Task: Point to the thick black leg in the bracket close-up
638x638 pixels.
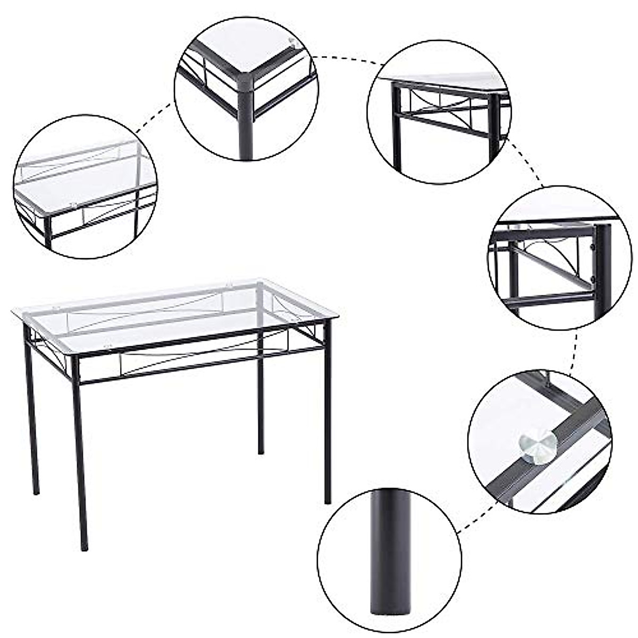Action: pyautogui.click(x=603, y=266)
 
